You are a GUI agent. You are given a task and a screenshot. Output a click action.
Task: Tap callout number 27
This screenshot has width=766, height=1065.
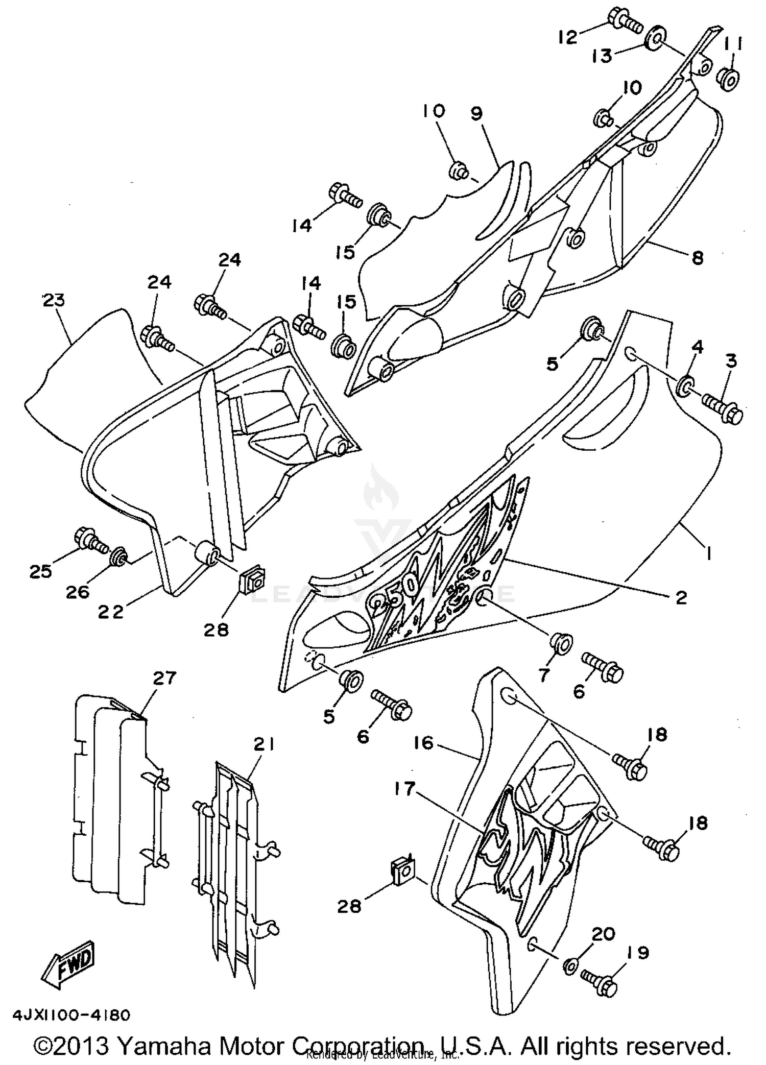(x=164, y=678)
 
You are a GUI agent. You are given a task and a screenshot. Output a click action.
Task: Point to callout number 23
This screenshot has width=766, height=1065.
(x=54, y=300)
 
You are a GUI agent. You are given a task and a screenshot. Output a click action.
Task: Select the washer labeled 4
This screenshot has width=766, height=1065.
(x=684, y=386)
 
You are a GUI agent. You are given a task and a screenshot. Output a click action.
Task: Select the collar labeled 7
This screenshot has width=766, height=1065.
(x=561, y=643)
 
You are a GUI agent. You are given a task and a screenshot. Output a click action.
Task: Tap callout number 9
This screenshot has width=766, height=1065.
(x=476, y=113)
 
